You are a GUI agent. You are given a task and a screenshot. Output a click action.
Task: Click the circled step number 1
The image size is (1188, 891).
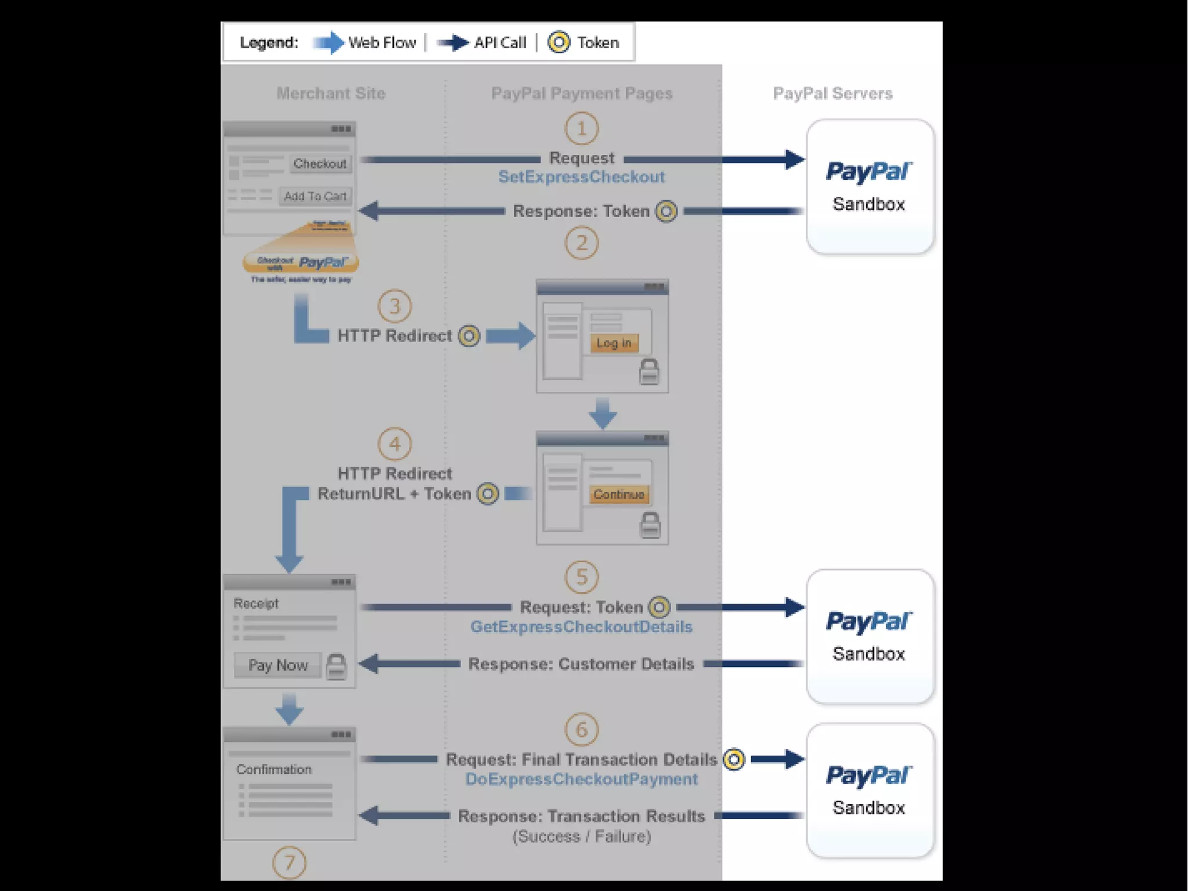[581, 128]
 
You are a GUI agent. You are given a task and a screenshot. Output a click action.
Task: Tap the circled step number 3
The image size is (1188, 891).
[394, 306]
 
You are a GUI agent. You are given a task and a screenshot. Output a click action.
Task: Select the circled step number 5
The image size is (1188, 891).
[581, 577]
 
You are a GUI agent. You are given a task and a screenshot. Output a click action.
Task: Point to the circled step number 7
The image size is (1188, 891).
[289, 863]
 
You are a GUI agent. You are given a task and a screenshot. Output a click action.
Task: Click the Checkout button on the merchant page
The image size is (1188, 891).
[320, 164]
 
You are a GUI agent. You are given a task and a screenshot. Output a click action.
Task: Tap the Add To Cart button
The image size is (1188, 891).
[315, 196]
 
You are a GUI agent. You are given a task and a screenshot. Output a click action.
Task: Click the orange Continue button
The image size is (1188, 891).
[618, 495]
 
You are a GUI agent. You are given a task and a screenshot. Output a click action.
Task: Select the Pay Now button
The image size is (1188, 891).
[278, 665]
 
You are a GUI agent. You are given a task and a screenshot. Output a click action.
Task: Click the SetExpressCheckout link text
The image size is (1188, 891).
[581, 177]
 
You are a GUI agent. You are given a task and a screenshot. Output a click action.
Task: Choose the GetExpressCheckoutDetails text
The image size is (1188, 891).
[581, 627]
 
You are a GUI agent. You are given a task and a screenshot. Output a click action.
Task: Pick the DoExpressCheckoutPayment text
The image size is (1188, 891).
[581, 779]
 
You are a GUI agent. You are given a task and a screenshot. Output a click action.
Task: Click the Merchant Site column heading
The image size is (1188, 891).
[331, 93]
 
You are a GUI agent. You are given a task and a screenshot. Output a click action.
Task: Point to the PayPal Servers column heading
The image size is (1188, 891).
[832, 93]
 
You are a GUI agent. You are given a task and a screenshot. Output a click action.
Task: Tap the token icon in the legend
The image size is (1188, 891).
[559, 42]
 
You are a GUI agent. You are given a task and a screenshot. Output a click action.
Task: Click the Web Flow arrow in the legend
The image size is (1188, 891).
[328, 42]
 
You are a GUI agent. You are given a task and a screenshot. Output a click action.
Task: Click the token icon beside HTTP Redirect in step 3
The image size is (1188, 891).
[469, 336]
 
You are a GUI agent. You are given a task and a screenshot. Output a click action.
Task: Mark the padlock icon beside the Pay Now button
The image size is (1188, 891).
[336, 666]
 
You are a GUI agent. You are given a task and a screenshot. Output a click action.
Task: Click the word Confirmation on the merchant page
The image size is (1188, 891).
[274, 770]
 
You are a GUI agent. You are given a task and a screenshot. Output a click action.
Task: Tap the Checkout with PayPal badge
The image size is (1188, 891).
[300, 263]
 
